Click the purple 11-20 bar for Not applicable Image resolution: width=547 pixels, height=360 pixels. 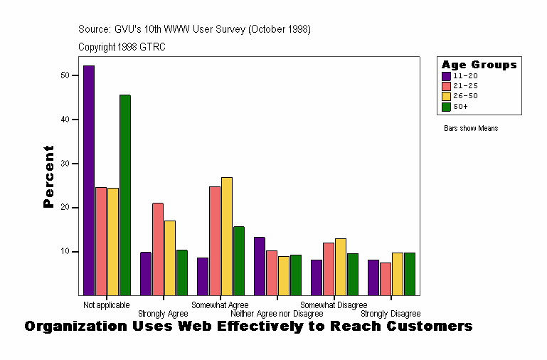tap(89, 180)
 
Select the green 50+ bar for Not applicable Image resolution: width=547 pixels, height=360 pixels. tap(125, 195)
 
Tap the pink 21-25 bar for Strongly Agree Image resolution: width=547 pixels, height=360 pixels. tap(158, 249)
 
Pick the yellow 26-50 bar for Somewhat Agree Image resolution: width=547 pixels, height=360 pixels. tap(227, 236)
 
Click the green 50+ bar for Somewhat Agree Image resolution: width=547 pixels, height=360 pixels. tap(239, 260)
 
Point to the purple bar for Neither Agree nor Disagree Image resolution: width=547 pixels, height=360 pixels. tap(260, 266)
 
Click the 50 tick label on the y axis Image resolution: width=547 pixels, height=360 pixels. tap(65, 75)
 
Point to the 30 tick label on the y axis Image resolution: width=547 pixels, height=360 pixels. tap(65, 164)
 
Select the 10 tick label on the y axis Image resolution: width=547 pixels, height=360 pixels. tap(65, 252)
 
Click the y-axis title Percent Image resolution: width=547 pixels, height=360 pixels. tap(48, 176)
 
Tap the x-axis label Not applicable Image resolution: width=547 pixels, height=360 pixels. tap(106, 305)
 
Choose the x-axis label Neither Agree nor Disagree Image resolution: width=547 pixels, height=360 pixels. tap(277, 314)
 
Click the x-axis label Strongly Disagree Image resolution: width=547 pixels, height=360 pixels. tap(391, 314)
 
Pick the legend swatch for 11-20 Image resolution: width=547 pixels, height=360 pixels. tap(447, 75)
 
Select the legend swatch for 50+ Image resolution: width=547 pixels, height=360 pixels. tap(447, 107)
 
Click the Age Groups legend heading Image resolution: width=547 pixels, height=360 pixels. tap(479, 65)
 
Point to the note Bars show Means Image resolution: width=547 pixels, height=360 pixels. tap(470, 129)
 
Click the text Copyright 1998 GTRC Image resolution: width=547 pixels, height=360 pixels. tap(122, 47)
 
